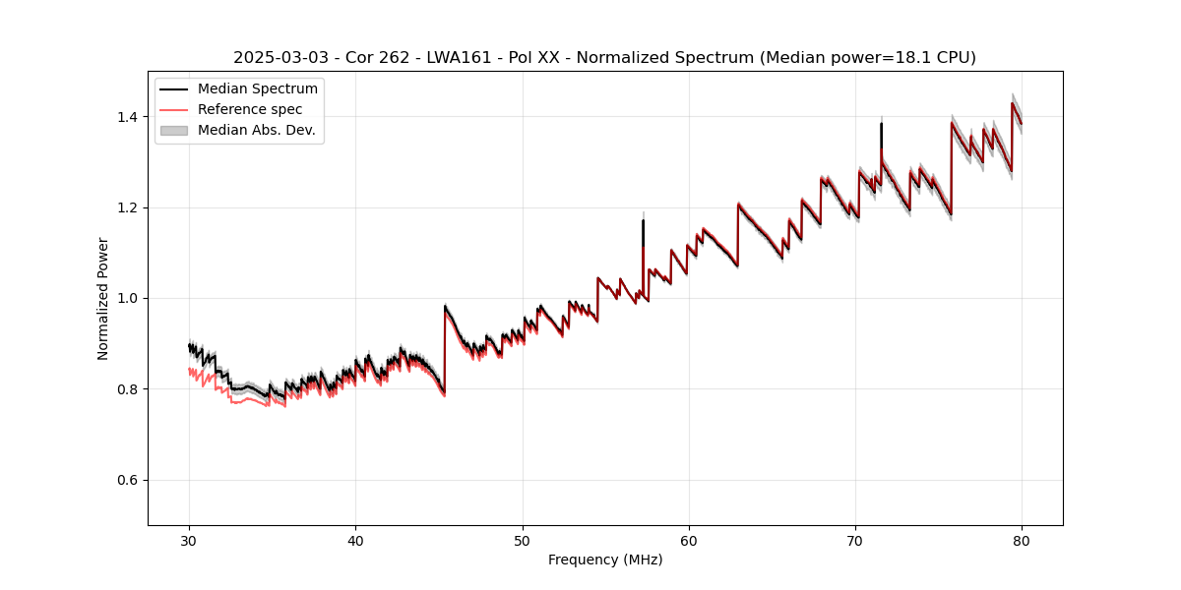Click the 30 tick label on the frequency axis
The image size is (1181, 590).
pos(189,540)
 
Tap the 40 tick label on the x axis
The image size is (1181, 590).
pos(355,540)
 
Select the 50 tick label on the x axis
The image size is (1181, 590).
pos(522,540)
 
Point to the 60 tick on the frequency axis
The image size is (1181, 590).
pos(689,540)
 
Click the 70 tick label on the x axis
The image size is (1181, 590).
pos(855,540)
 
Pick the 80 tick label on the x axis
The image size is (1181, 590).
pos(1022,540)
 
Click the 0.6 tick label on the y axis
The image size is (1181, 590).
pos(128,480)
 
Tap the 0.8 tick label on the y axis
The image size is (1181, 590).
pos(128,389)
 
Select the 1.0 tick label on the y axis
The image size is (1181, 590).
pos(128,298)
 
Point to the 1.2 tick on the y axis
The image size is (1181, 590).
pos(128,207)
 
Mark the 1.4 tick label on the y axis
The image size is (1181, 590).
pos(128,117)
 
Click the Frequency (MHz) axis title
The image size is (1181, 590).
pos(605,560)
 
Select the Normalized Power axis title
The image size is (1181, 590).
pos(103,298)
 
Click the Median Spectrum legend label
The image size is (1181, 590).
pos(257,89)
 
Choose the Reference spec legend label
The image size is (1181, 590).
pos(250,109)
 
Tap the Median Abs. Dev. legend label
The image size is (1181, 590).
pos(256,130)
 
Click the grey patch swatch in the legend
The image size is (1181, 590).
pos(174,130)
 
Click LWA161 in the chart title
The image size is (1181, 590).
pos(459,58)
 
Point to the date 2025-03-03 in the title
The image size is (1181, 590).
pos(278,58)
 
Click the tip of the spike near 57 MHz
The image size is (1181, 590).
pos(643,219)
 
